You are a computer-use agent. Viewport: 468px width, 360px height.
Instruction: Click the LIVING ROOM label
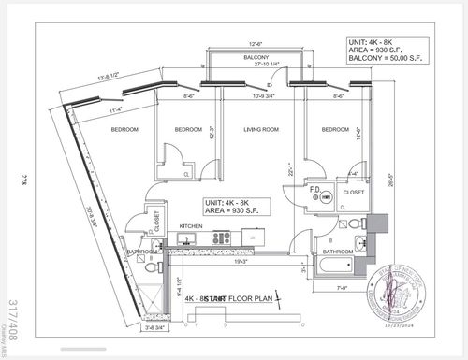(x=252, y=131)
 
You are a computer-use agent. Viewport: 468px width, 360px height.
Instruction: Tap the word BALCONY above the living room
(x=256, y=58)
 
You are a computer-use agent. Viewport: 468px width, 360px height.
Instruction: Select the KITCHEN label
(x=192, y=226)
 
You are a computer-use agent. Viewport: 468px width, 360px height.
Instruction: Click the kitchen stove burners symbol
(x=221, y=238)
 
